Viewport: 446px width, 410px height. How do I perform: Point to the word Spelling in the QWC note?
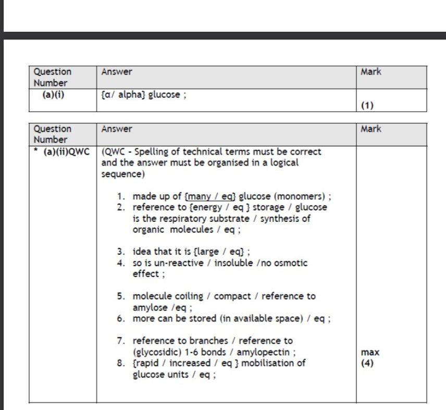(148, 152)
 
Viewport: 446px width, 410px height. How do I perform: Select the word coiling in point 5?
(189, 296)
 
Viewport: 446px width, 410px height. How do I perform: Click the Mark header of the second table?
(370, 129)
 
